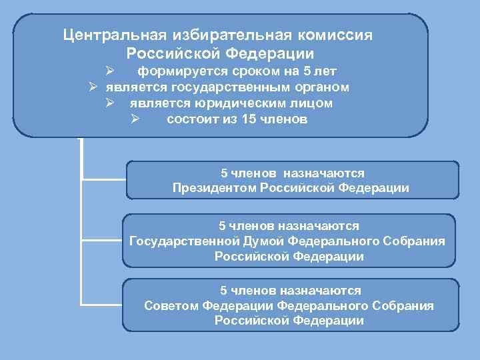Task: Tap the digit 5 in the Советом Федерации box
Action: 224,291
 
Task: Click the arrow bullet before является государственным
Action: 95,87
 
